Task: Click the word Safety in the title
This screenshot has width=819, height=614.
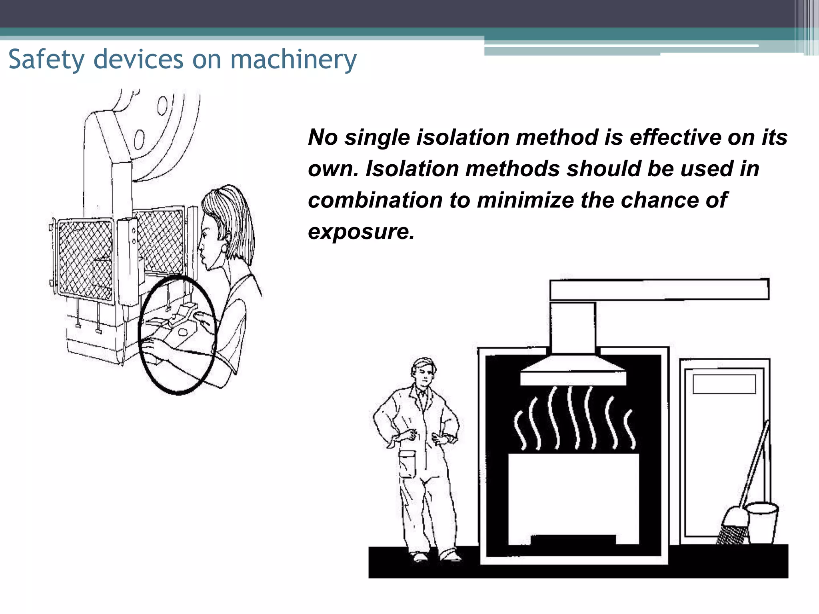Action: pyautogui.click(x=46, y=60)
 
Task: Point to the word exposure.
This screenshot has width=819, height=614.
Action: pyautogui.click(x=361, y=231)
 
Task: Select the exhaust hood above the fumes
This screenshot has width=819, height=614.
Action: pyautogui.click(x=573, y=372)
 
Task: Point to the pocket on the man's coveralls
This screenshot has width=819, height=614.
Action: pyautogui.click(x=408, y=464)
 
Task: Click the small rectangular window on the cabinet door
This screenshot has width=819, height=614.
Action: pyautogui.click(x=724, y=384)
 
